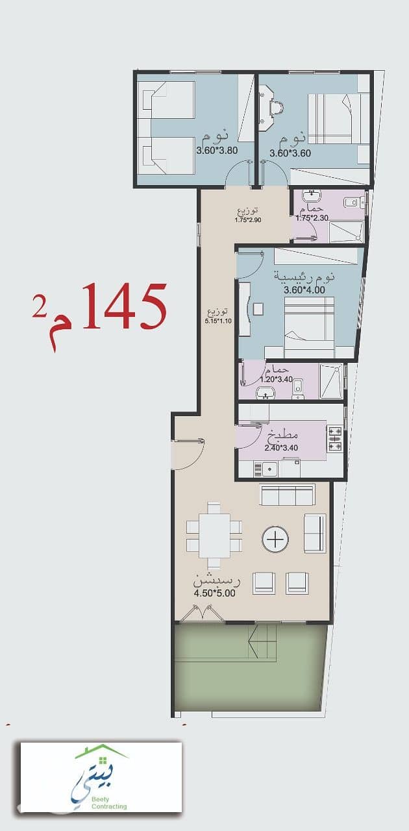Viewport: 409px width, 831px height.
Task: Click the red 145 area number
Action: (124, 307)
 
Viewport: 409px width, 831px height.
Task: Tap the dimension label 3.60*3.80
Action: (217, 150)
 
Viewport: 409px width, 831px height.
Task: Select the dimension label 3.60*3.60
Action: (290, 153)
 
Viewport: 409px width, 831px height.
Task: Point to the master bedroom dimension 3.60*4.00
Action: (304, 290)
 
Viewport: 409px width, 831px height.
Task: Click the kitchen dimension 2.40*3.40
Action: (281, 448)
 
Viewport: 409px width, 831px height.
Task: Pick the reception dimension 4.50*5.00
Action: (214, 593)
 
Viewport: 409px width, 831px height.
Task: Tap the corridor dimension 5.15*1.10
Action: (218, 321)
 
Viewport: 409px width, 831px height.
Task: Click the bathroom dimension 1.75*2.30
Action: (312, 217)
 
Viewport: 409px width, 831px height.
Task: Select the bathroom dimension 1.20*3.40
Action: (276, 379)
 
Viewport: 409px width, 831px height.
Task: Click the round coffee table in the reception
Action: (275, 539)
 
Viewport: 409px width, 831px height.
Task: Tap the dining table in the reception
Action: (214, 536)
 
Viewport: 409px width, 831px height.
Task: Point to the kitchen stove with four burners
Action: (334, 439)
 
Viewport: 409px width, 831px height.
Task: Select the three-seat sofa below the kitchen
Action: (288, 495)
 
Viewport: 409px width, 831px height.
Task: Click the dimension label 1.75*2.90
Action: (248, 220)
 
